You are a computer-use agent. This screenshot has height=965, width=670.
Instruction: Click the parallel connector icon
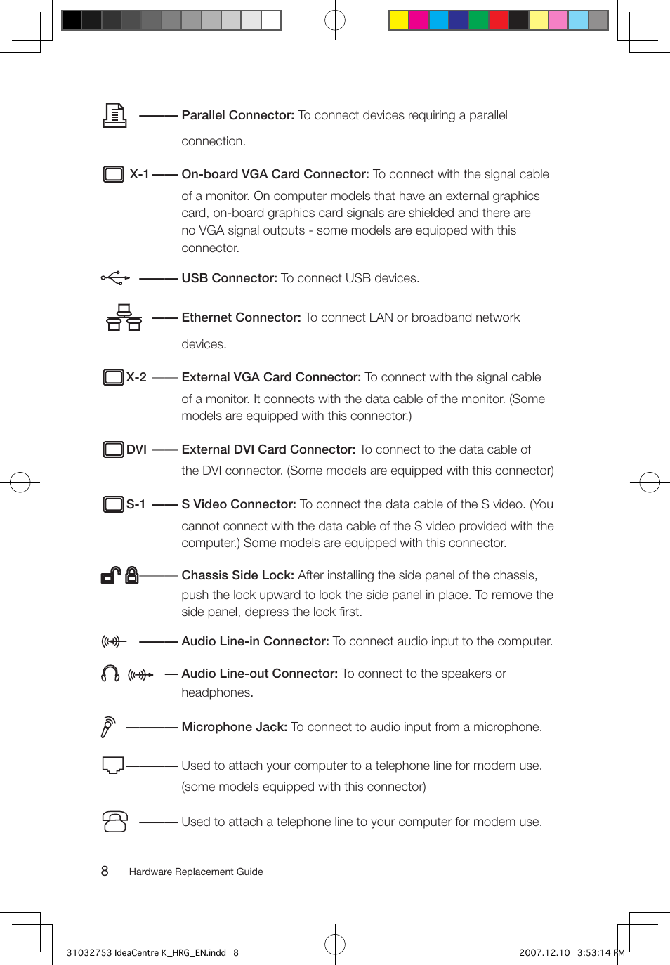pyautogui.click(x=114, y=115)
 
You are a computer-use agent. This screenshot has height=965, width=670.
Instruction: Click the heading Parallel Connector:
pyautogui.click(x=237, y=115)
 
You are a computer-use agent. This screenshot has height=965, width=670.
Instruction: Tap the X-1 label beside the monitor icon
pyautogui.click(x=139, y=174)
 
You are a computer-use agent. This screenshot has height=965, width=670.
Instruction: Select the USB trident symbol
pyautogui.click(x=115, y=278)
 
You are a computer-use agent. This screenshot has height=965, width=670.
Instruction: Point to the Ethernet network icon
pyautogui.click(x=124, y=317)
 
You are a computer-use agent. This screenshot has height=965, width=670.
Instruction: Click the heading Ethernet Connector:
pyautogui.click(x=241, y=317)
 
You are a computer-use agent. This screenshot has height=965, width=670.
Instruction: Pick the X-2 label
pyautogui.click(x=136, y=377)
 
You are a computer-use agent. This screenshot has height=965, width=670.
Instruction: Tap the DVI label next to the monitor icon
pyautogui.click(x=136, y=449)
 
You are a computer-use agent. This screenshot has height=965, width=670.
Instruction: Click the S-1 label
pyautogui.click(x=136, y=504)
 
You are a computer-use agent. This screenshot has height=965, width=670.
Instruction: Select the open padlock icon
pyautogui.click(x=110, y=576)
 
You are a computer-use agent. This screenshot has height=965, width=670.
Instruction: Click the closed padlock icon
pyautogui.click(x=132, y=575)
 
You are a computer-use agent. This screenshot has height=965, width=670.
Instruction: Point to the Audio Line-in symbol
pyautogui.click(x=113, y=641)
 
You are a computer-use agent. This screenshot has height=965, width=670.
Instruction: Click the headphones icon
pyautogui.click(x=110, y=674)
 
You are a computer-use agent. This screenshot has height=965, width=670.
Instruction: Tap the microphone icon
pyautogui.click(x=107, y=727)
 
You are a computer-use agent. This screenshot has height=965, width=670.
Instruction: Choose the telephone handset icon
pyautogui.click(x=115, y=822)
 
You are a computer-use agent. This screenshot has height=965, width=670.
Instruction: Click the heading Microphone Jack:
pyautogui.click(x=234, y=727)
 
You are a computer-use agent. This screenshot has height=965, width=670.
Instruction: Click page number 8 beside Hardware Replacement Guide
pyautogui.click(x=105, y=872)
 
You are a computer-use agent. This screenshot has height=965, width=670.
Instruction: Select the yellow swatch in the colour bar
pyautogui.click(x=399, y=20)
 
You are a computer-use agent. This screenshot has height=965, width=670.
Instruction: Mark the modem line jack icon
pyautogui.click(x=113, y=766)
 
